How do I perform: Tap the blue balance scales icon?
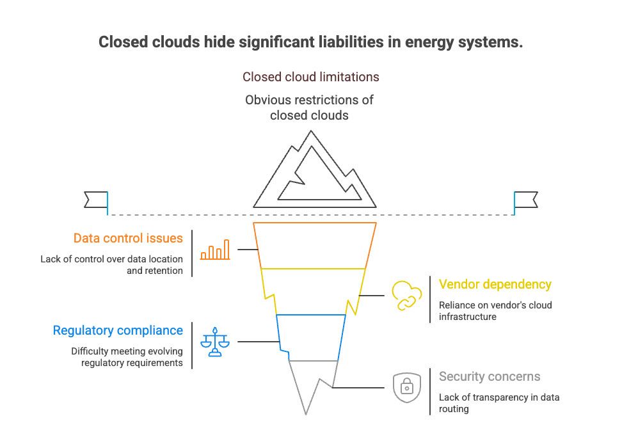(x=214, y=342)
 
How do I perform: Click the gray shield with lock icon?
(x=406, y=387)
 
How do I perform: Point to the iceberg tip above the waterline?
(x=314, y=173)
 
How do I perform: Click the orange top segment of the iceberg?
(x=314, y=245)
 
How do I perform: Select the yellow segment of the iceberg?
(x=314, y=291)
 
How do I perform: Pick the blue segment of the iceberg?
(x=312, y=337)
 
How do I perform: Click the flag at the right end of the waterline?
(x=526, y=200)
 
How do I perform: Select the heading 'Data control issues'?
(x=128, y=239)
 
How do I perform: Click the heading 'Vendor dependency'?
(x=495, y=284)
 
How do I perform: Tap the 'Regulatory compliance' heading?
(x=118, y=331)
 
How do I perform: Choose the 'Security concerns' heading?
(x=490, y=377)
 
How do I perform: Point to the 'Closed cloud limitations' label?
(x=310, y=77)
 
